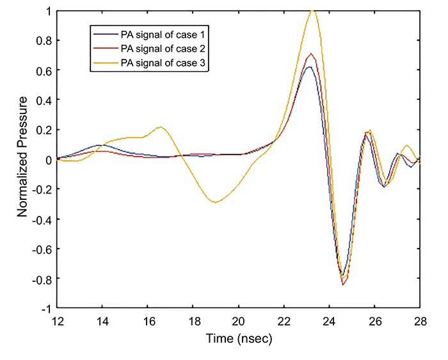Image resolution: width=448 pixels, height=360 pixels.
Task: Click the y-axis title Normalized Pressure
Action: click(x=23, y=157)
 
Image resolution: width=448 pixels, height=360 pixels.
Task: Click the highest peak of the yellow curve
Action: click(x=312, y=10)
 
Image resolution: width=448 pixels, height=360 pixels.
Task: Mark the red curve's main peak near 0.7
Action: click(x=311, y=54)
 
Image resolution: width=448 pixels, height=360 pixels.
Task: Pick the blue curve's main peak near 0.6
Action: click(x=309, y=67)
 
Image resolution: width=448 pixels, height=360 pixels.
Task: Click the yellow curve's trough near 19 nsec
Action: click(x=216, y=202)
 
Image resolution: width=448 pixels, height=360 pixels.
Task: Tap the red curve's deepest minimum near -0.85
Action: click(x=344, y=284)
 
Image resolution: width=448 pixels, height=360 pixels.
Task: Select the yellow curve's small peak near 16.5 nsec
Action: click(x=161, y=127)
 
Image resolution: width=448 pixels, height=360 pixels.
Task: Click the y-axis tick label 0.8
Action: click(x=42, y=41)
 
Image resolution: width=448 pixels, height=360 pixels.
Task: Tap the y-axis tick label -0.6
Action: click(x=40, y=249)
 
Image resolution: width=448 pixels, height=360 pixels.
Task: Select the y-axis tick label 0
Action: click(x=47, y=160)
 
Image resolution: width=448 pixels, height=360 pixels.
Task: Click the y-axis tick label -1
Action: click(x=45, y=308)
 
